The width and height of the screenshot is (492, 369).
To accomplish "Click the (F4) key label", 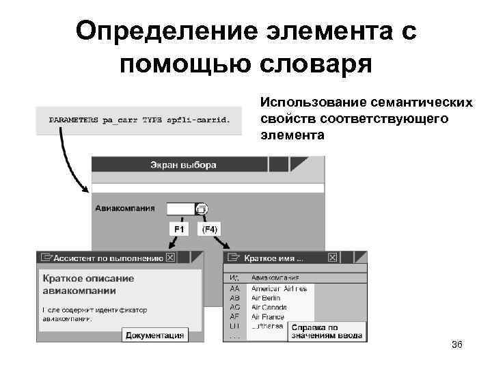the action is pyautogui.click(x=210, y=229).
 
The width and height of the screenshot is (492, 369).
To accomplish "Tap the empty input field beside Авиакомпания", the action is pyautogui.click(x=180, y=208).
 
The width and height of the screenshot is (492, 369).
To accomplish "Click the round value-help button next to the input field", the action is pyautogui.click(x=202, y=208).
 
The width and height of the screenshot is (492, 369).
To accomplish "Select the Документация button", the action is pyautogui.click(x=154, y=335).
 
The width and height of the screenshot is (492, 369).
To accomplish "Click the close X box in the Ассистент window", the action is pyautogui.click(x=170, y=258).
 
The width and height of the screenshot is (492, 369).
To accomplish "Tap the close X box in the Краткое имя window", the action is pyautogui.click(x=332, y=258).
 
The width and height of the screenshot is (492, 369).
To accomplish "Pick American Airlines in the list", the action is pyautogui.click(x=279, y=288).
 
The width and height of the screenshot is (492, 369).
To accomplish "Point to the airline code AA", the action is pyautogui.click(x=234, y=288).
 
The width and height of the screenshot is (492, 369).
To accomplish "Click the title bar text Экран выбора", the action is pyautogui.click(x=183, y=165).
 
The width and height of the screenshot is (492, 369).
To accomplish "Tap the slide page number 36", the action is pyautogui.click(x=457, y=344).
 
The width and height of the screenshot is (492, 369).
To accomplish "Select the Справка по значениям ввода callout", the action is pyautogui.click(x=327, y=331).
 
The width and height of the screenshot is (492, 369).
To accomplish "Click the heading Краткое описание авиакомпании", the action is pyautogui.click(x=89, y=284).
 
